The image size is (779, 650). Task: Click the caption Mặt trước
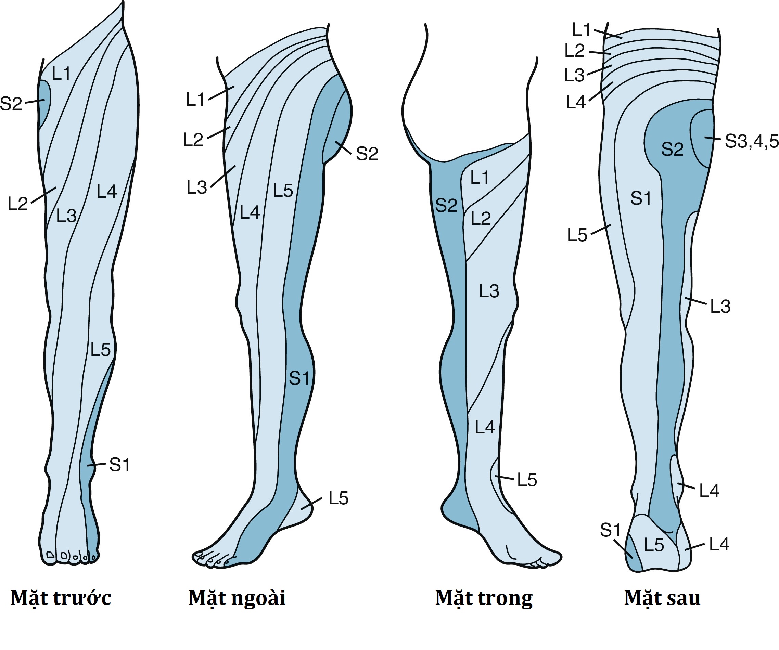(61, 598)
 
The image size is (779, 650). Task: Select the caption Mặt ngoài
(237, 598)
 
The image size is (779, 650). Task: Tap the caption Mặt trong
(484, 598)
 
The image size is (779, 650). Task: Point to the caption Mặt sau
(662, 598)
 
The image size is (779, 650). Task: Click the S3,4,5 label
(751, 141)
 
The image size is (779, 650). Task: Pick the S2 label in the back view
(672, 149)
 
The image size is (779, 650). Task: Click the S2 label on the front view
(11, 104)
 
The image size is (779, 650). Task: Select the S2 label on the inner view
(446, 205)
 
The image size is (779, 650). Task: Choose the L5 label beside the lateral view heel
(338, 498)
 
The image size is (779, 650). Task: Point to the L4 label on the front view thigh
(107, 192)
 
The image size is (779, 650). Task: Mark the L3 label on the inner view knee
(489, 291)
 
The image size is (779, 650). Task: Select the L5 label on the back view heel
(654, 545)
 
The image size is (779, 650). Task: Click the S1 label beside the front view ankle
(119, 465)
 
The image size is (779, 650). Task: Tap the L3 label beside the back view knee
(720, 307)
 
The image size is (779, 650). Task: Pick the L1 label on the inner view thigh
(480, 178)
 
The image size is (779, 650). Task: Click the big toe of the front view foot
(50, 555)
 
